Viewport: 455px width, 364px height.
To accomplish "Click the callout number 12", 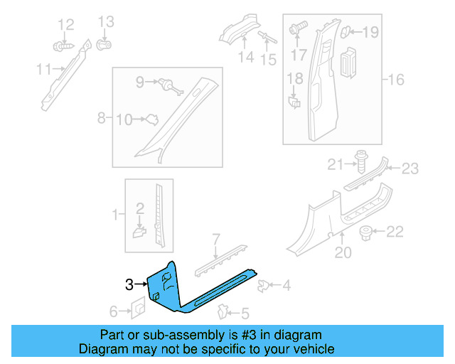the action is [65, 25].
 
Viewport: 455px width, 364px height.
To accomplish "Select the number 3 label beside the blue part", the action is [129, 285].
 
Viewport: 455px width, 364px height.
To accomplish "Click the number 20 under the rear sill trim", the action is [343, 252].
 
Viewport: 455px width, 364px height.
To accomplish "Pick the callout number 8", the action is [102, 118].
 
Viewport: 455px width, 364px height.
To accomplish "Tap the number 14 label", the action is [246, 58].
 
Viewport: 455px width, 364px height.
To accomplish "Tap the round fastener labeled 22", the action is [368, 232].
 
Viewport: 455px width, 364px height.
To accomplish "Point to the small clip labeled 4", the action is [264, 286].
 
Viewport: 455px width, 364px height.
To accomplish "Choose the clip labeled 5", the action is [223, 311].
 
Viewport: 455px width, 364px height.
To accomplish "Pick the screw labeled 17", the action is [298, 29].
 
